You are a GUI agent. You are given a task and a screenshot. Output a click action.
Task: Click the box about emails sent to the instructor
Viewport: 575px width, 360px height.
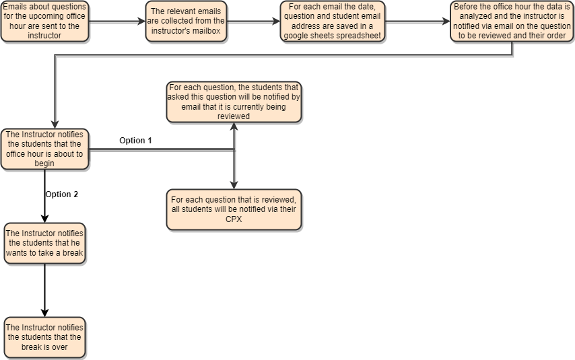pyautogui.click(x=44, y=22)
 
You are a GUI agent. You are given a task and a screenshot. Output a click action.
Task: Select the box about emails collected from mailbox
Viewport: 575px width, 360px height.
pyautogui.click(x=187, y=22)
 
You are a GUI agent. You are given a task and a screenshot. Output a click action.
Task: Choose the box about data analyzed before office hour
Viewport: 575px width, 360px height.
pyautogui.click(x=512, y=22)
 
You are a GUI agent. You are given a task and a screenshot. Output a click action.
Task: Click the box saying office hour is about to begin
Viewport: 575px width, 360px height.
pyautogui.click(x=44, y=149)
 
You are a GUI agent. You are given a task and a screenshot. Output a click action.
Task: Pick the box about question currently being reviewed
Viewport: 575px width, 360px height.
pyautogui.click(x=234, y=102)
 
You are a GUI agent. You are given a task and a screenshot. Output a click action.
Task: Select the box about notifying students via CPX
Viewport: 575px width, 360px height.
pyautogui.click(x=234, y=209)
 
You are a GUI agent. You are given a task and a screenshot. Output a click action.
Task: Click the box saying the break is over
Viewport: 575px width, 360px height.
pyautogui.click(x=44, y=337)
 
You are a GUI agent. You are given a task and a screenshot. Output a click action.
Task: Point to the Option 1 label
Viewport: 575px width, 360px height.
pyautogui.click(x=135, y=141)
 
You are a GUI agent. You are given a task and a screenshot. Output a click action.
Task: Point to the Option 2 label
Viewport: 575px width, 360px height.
pyautogui.click(x=62, y=194)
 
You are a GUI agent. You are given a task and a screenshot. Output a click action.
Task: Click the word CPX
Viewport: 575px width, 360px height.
pyautogui.click(x=234, y=219)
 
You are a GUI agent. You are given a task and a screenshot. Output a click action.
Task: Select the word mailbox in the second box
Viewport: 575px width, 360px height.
pyautogui.click(x=205, y=30)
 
